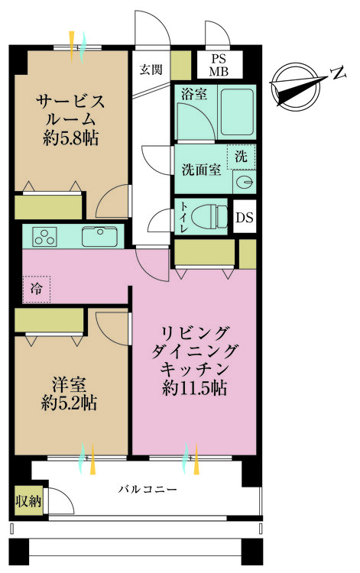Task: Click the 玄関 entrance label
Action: click(x=151, y=69)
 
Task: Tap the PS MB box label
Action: click(x=219, y=65)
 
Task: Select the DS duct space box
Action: click(x=245, y=218)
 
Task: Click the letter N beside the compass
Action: click(x=339, y=73)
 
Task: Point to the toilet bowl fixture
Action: click(x=209, y=217)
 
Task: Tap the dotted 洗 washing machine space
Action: click(x=241, y=157)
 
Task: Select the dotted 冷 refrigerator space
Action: click(x=37, y=289)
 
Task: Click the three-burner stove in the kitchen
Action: click(x=45, y=236)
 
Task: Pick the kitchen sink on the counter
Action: click(x=100, y=236)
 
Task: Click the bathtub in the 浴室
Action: click(x=237, y=112)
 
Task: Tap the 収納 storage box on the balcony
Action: click(x=28, y=501)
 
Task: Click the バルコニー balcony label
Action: click(x=148, y=489)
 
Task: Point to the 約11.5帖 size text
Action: click(x=194, y=388)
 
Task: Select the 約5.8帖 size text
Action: click(x=70, y=138)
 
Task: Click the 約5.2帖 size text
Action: click(x=69, y=403)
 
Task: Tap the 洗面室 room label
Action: click(x=201, y=170)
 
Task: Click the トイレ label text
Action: click(x=183, y=217)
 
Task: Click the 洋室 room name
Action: click(x=69, y=385)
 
